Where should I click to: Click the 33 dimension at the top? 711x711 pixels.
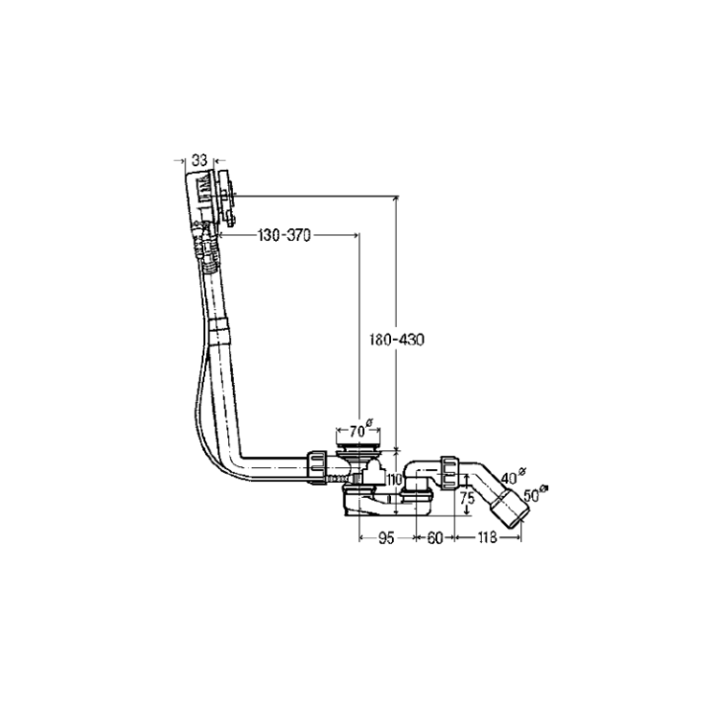tap(199, 160)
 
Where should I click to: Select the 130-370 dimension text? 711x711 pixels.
tap(284, 235)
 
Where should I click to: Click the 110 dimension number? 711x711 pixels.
tap(395, 480)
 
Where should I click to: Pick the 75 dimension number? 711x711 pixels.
tap(468, 500)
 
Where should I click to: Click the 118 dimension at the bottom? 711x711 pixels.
tap(488, 538)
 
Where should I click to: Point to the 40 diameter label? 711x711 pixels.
tap(510, 477)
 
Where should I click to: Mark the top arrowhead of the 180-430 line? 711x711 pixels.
tap(397, 200)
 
